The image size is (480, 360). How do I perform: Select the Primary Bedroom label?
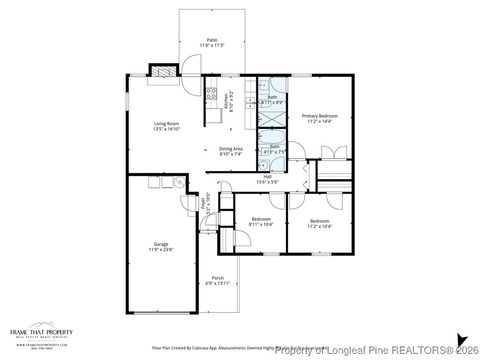click(320, 118)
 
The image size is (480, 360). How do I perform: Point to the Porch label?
click(218, 281)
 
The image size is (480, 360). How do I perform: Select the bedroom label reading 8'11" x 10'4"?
click(260, 221)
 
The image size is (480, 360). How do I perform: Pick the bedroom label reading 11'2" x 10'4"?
click(319, 222)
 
